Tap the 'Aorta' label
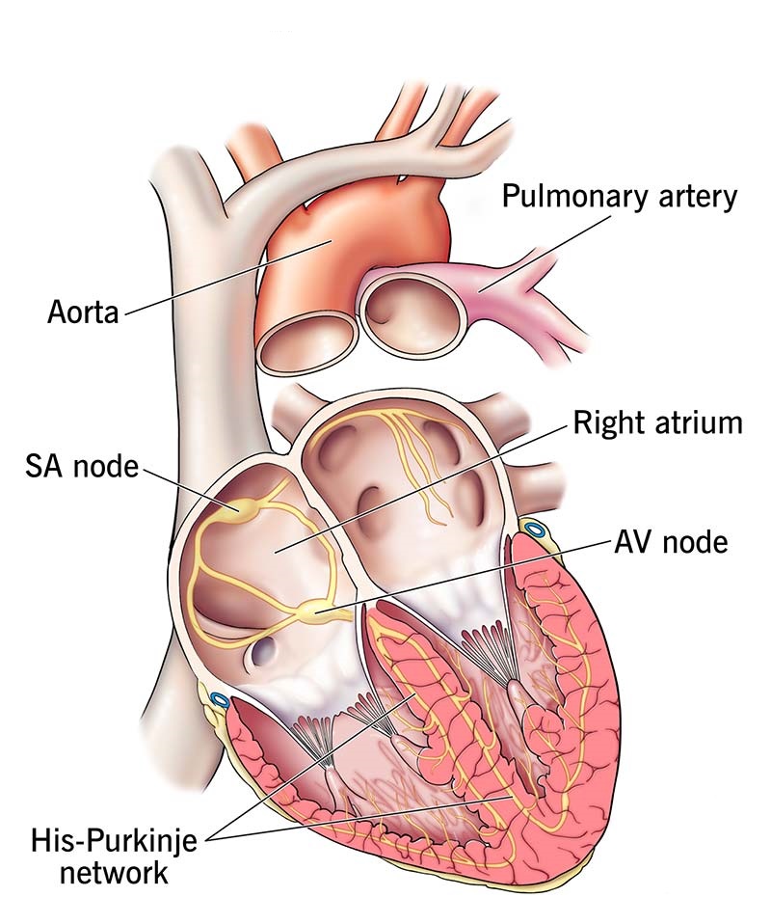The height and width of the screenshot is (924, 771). point(83,312)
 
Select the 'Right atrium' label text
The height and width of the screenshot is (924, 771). point(658,423)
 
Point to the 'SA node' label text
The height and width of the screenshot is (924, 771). point(82,466)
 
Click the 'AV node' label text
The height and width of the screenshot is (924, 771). point(671,541)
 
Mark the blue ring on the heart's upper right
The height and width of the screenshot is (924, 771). point(535,530)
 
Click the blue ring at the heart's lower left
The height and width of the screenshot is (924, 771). point(220,700)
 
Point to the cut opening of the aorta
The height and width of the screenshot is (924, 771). point(308,343)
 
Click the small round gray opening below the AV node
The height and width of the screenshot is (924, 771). point(263,649)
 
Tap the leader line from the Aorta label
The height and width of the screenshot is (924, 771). point(226,277)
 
